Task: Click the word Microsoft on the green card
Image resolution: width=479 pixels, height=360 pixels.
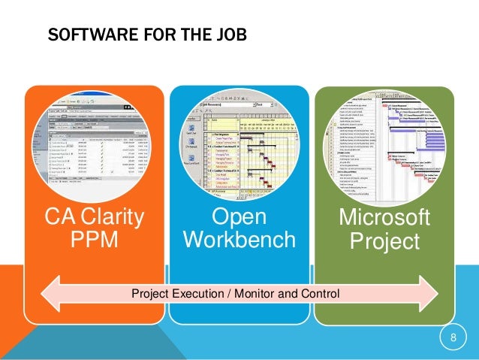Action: coord(385,219)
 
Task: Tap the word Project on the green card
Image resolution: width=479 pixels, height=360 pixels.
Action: coord(385,242)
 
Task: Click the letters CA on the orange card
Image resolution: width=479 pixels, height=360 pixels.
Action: coord(59,219)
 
